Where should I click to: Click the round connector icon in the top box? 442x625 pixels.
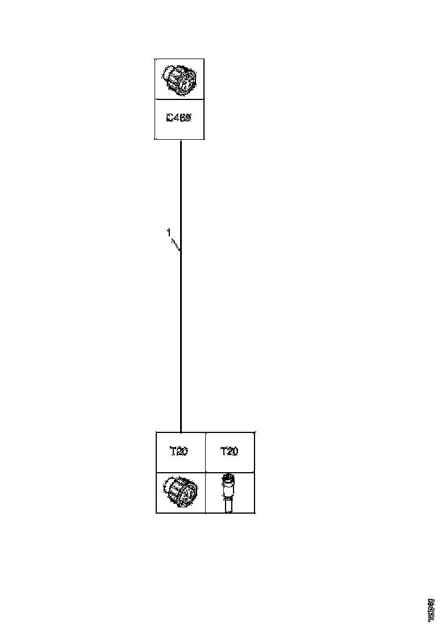point(179,80)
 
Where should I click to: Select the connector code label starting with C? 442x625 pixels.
point(179,119)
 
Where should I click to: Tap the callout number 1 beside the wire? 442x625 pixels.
point(168,232)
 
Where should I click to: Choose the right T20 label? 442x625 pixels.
point(229,452)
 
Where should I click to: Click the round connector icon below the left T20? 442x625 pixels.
point(180,491)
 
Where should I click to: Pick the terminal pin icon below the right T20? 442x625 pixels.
point(228,493)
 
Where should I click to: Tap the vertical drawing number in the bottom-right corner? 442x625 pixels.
point(431,609)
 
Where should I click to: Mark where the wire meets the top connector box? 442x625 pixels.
point(181,140)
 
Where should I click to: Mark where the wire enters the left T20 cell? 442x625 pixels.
point(181,432)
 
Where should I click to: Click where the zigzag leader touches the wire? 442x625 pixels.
point(181,251)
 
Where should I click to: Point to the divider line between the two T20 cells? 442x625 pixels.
point(205,452)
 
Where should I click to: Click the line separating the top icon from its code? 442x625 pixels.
point(179,99)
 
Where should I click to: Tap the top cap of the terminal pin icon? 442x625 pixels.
point(228,476)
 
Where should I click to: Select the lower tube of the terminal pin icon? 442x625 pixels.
point(228,503)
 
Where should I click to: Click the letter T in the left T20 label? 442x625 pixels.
point(173,452)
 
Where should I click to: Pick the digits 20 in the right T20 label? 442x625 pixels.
point(232,452)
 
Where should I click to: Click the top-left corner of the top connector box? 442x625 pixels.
point(155,59)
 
